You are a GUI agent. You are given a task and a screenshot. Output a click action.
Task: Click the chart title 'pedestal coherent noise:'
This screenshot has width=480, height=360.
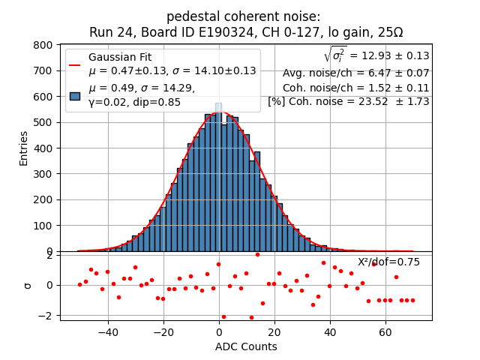tap(243, 16)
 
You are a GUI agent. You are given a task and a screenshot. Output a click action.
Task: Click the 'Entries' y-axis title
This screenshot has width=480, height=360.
tap(23, 148)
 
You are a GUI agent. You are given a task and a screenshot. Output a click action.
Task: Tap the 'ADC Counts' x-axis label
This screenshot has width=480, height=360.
tap(245, 346)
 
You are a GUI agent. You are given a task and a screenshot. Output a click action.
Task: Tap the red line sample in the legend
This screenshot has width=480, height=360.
tap(75, 64)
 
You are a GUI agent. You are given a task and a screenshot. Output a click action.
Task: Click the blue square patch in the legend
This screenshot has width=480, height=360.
tap(75, 96)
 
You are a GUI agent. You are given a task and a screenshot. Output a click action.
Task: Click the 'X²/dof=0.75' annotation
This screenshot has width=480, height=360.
tap(388, 262)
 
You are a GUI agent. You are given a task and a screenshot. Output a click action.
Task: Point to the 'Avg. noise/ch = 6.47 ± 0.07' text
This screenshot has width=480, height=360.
tap(356, 73)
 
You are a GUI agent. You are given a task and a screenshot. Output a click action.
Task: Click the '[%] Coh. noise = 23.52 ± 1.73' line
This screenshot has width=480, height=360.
tap(349, 101)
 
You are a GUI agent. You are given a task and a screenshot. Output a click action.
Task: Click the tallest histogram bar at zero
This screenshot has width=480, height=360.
tap(218, 180)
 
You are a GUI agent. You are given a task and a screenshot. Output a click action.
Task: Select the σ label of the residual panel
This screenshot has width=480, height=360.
tap(27, 285)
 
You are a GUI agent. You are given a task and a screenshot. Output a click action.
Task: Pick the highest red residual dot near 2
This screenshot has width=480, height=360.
tap(257, 254)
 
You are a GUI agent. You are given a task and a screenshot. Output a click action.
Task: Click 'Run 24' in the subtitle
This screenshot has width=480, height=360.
tap(109, 32)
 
